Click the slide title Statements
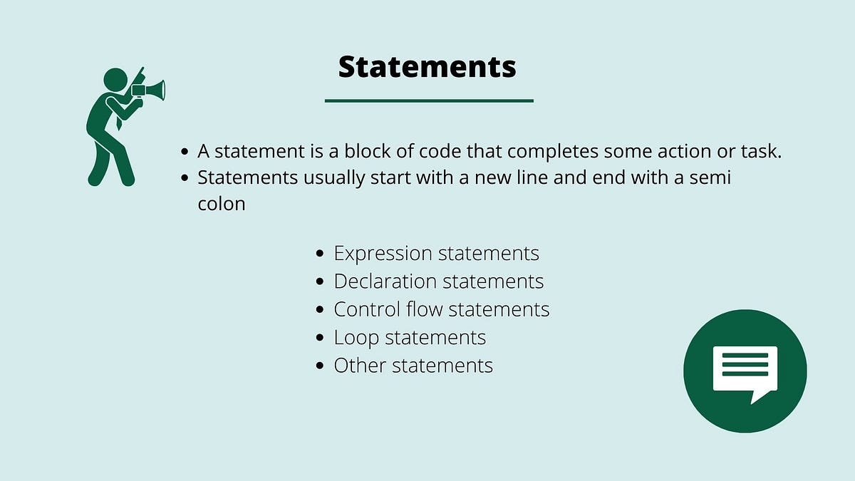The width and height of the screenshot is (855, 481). pos(427,67)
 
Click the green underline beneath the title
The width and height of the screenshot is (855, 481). pos(429,100)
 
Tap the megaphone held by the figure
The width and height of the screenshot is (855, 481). pos(150,90)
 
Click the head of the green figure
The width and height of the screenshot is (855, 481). pos(115,79)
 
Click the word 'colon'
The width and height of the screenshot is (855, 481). pos(222,204)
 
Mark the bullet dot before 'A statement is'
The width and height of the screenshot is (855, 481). pos(185,152)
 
